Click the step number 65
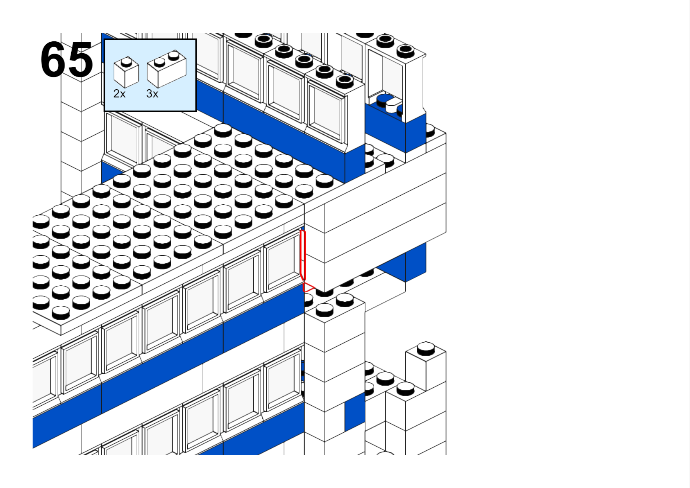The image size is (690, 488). pyautogui.click(x=66, y=59)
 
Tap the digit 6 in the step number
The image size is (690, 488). pyautogui.click(x=53, y=59)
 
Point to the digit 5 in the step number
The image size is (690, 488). pyautogui.click(x=80, y=59)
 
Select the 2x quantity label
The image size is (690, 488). pyautogui.click(x=119, y=93)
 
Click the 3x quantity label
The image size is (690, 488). pyautogui.click(x=152, y=93)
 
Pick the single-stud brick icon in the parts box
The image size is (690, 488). pyautogui.click(x=126, y=72)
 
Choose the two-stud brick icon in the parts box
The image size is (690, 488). pyautogui.click(x=167, y=69)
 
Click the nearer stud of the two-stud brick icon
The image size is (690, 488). pyautogui.click(x=159, y=63)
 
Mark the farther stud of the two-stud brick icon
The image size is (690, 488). pyautogui.click(x=174, y=55)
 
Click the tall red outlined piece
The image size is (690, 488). pyautogui.click(x=303, y=255)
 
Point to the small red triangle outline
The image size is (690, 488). pyautogui.click(x=308, y=287)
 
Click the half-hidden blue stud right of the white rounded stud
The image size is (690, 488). pyautogui.click(x=400, y=110)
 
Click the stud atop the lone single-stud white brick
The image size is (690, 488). pyautogui.click(x=426, y=348)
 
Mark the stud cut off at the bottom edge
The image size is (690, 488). pyautogui.click(x=385, y=454)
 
